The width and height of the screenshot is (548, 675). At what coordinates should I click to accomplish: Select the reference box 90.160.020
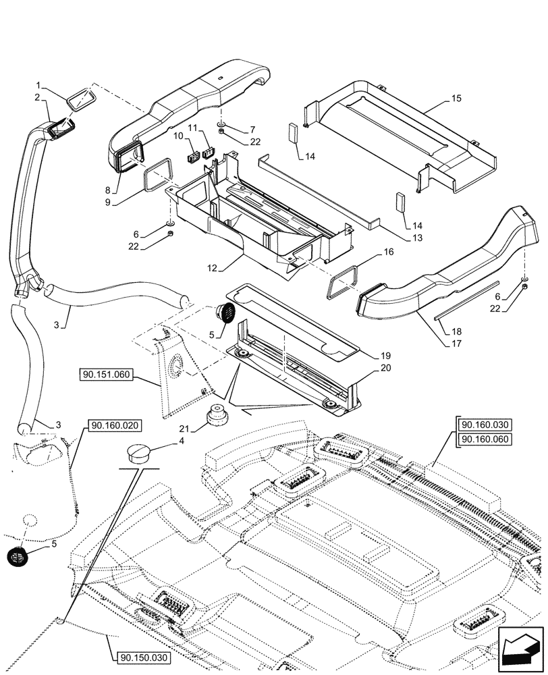pos(113,425)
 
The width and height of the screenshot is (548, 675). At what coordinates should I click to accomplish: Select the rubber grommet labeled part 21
pos(217,415)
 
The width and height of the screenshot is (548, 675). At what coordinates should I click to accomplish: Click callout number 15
pos(456,99)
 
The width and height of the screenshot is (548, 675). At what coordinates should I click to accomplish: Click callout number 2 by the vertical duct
pos(38,98)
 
